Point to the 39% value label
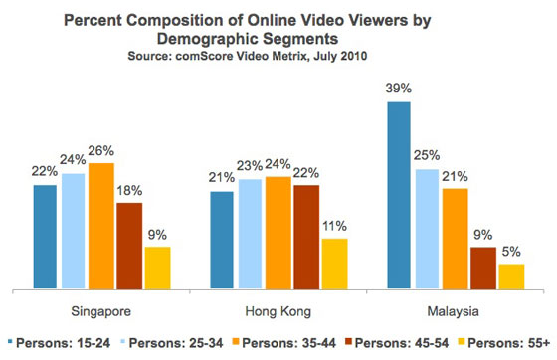[400, 90]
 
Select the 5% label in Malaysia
[511, 252]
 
